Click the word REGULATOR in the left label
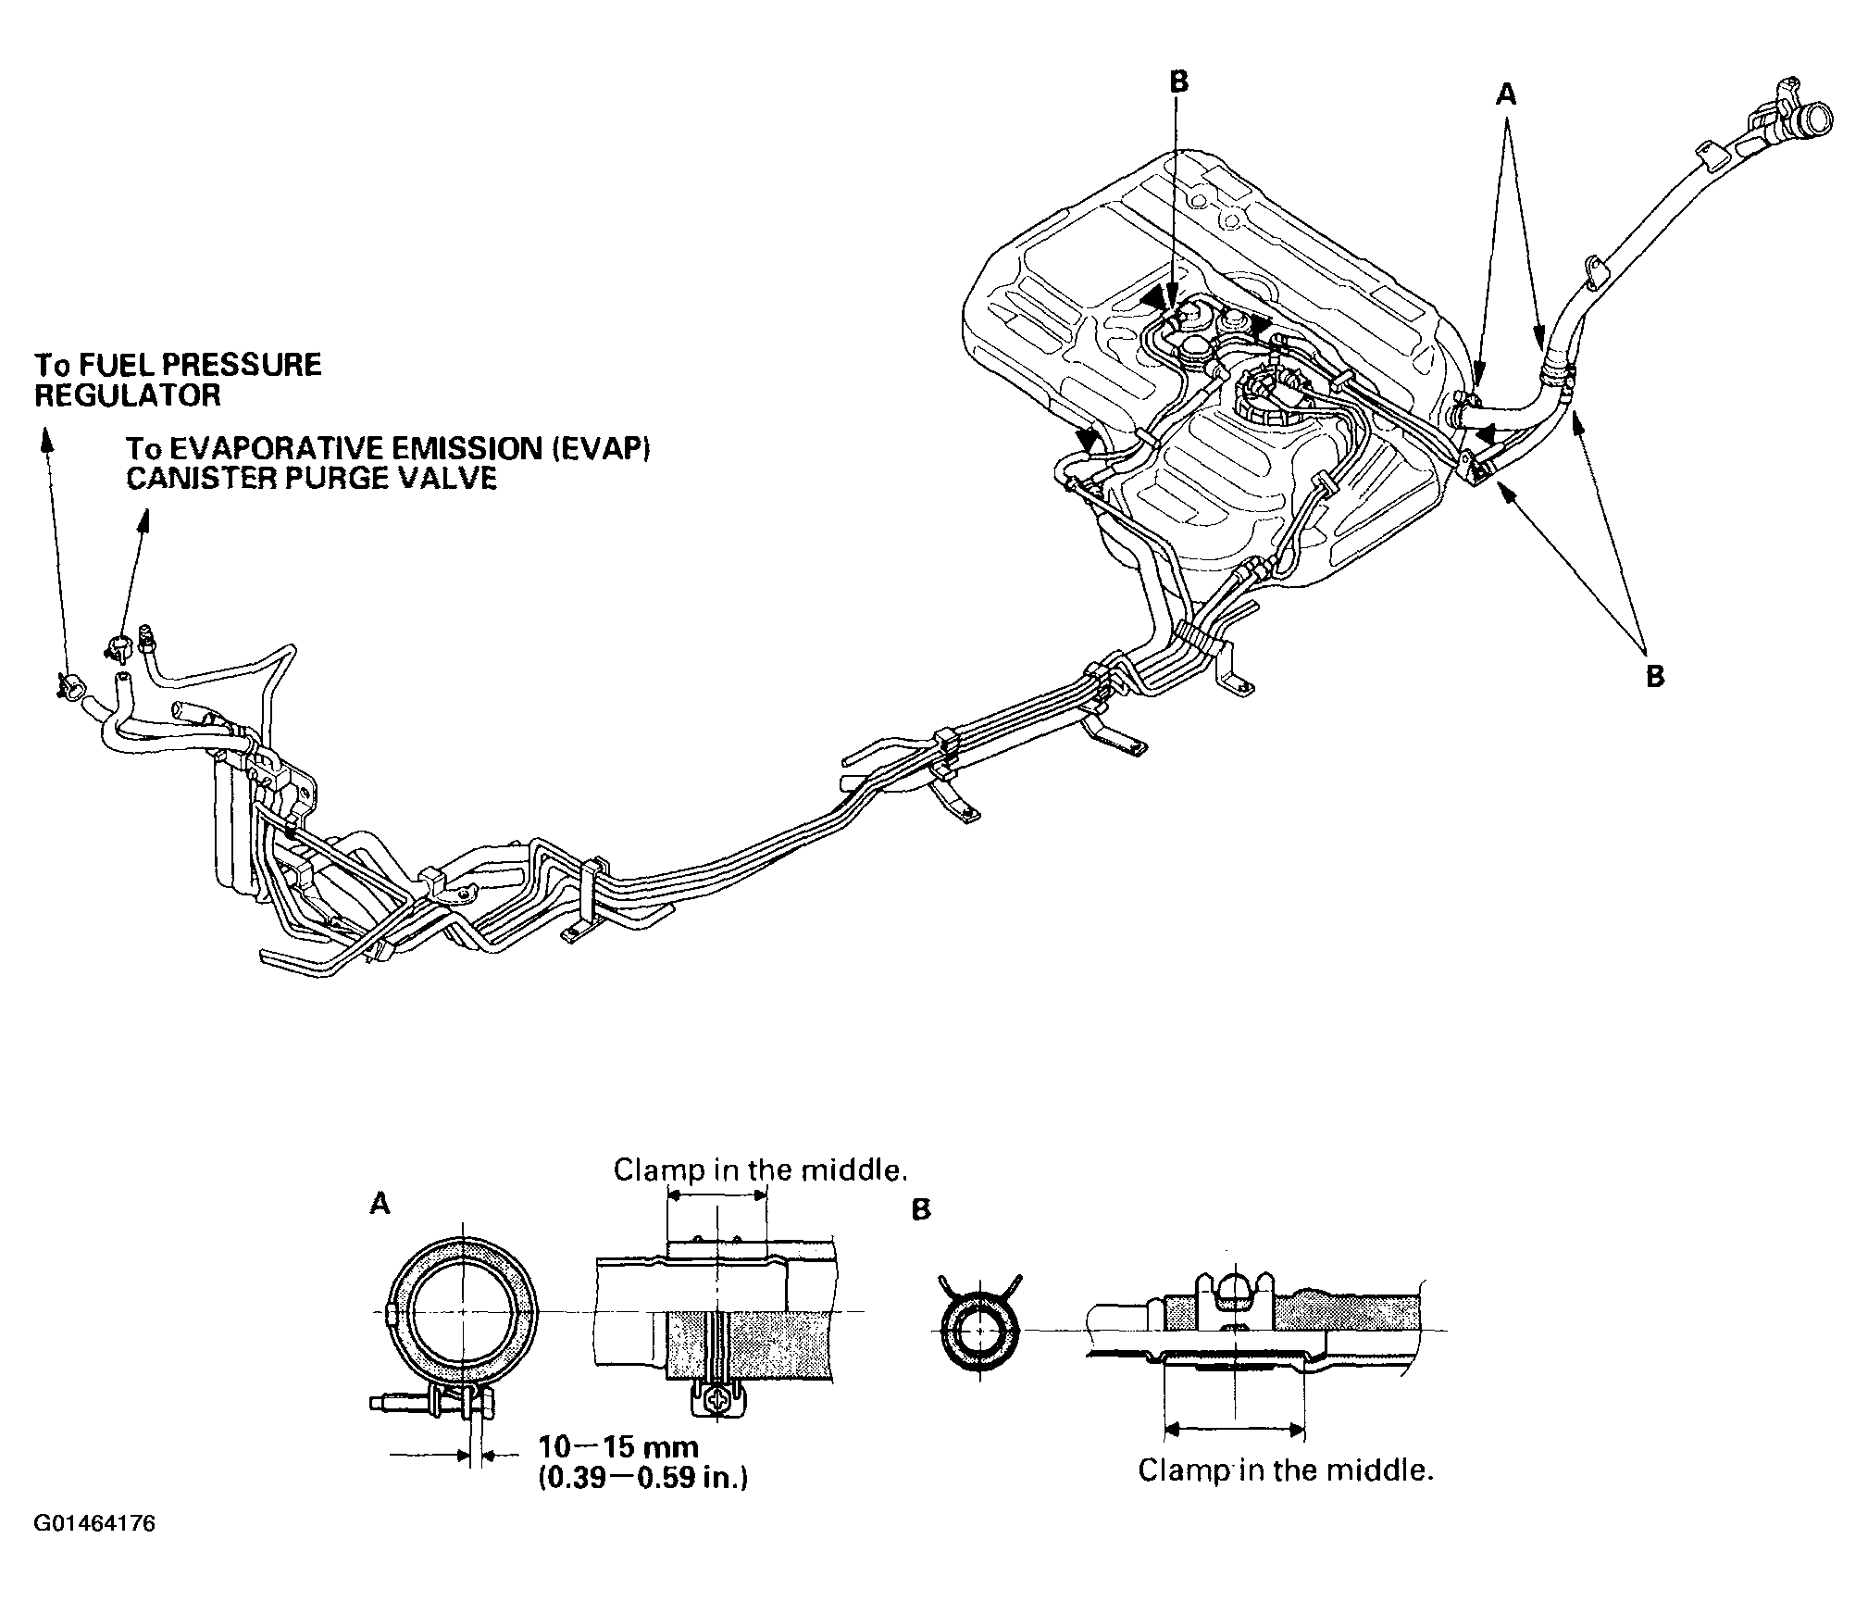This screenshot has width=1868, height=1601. coord(128,395)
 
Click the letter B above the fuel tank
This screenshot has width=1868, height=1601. coord(1177,81)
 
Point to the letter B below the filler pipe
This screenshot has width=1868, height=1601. coord(1655,676)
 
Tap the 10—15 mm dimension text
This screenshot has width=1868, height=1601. coord(618,1446)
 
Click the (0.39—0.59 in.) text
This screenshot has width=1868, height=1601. coord(642,1478)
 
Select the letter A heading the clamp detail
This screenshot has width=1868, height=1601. coord(380,1203)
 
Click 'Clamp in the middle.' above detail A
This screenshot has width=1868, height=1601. coord(759,1170)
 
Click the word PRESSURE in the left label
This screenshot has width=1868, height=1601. coord(233,364)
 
